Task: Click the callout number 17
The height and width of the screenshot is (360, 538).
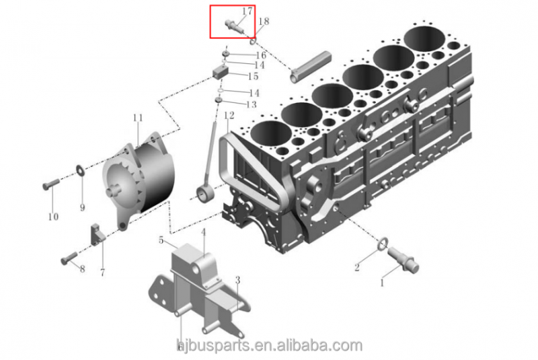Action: tap(247, 11)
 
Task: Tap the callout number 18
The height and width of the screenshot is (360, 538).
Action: tap(264, 22)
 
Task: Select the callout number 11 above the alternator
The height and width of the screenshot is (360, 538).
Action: tap(138, 118)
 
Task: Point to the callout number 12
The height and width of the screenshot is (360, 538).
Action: tap(229, 115)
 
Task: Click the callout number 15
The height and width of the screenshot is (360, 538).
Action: tap(254, 76)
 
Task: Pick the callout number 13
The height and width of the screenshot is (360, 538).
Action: tap(252, 104)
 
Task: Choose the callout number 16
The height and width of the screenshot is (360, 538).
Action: tap(261, 55)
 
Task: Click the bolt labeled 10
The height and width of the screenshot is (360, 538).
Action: tap(51, 184)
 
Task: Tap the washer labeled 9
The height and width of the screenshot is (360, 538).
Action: tap(80, 170)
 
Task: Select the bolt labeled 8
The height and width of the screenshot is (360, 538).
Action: tap(69, 259)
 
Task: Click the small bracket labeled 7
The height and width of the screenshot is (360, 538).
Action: tap(97, 234)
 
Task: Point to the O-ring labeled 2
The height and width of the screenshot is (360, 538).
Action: tap(383, 244)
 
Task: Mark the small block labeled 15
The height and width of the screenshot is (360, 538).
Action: tap(221, 73)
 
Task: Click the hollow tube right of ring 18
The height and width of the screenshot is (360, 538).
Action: tap(311, 67)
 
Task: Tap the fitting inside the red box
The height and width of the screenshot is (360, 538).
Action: tap(234, 27)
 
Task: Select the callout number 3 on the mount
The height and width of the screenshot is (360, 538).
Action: tap(237, 281)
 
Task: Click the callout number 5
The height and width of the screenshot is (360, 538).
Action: tap(161, 240)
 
